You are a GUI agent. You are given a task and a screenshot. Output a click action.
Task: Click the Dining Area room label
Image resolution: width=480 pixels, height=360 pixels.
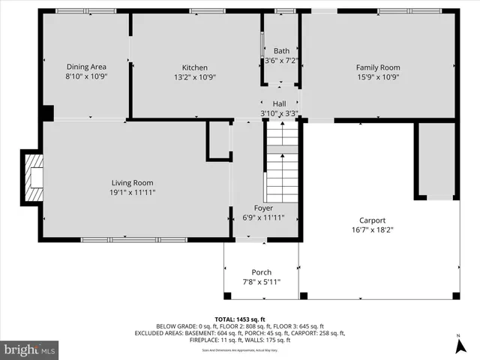point(86,67)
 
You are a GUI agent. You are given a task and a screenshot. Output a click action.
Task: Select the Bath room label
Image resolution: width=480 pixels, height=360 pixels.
point(280,51)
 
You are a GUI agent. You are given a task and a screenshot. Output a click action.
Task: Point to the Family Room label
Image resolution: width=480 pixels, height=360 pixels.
point(377,67)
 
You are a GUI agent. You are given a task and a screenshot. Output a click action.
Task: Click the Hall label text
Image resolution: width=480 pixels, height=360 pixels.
point(279,104)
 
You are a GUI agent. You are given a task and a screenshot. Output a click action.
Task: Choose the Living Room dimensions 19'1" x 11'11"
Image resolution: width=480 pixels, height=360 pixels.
point(133,192)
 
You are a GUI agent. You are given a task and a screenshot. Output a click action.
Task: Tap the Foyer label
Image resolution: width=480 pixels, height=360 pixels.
point(262,208)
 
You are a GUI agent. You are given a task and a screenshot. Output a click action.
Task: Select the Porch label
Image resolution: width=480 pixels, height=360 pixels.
point(261,272)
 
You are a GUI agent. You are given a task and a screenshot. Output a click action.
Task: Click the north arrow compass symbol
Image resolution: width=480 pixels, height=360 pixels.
point(458,344)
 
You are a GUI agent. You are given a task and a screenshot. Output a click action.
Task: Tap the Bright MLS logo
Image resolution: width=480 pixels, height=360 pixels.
point(29,349)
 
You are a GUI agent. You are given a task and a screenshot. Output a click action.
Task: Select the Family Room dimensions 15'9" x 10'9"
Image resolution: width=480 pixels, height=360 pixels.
point(377,76)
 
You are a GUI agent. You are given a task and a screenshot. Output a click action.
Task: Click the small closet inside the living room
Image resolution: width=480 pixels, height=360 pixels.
point(218,140)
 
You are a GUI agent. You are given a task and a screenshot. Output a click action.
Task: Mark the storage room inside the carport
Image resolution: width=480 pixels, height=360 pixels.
point(436,159)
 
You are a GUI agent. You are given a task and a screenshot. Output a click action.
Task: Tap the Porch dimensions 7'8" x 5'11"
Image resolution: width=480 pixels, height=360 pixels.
point(261,281)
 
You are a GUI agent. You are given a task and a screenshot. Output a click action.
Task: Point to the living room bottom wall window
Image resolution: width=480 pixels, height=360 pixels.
point(133,240)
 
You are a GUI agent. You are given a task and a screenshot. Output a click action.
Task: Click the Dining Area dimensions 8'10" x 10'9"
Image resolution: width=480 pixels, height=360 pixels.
point(86,76)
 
